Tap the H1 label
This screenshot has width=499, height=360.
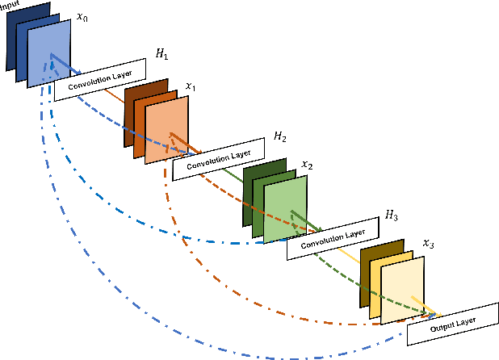(161, 56)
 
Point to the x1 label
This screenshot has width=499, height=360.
(191, 86)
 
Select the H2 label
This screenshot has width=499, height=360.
(279, 137)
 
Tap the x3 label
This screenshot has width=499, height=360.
(427, 243)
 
